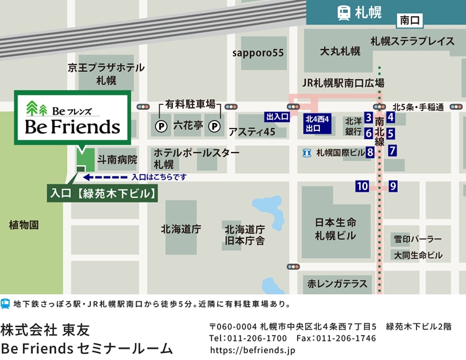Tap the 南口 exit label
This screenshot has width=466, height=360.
[411, 20]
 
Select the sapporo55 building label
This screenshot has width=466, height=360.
[258, 53]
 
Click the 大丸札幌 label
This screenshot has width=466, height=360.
[340, 52]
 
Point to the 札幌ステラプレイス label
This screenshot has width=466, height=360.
[412, 42]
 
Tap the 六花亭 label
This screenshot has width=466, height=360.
[188, 125]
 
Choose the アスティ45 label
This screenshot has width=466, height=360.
[252, 132]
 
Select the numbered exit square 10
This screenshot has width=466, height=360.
[362, 186]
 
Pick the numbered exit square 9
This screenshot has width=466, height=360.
[393, 186]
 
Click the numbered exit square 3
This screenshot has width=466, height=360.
[368, 117]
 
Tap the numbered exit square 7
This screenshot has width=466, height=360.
[393, 150]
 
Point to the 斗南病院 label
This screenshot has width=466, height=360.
[117, 160]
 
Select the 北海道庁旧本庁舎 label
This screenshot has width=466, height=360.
[245, 235]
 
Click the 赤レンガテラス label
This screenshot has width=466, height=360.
[337, 284]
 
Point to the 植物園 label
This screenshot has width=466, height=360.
[24, 225]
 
